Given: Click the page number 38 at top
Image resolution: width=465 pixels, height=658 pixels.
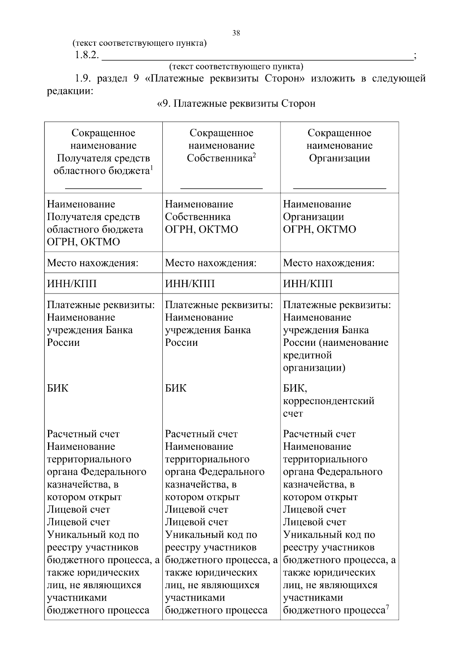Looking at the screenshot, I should (x=236, y=33).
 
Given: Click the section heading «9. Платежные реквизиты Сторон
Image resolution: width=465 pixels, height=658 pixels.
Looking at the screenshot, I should (x=236, y=104).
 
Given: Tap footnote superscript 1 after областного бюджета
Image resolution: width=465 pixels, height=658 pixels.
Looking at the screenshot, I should (x=152, y=168).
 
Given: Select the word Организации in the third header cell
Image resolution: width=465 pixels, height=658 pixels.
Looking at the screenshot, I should (x=339, y=158).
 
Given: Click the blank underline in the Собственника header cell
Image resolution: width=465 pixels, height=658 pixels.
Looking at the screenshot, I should (x=221, y=188).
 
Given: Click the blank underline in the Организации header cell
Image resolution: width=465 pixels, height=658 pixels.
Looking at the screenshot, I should (x=339, y=188).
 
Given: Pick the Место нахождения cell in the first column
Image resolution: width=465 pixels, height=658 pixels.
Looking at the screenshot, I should (x=93, y=263).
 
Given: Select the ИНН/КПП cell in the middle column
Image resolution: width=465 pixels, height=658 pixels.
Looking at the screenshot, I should (x=190, y=283).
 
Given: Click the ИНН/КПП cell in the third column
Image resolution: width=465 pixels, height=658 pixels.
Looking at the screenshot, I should (x=308, y=283).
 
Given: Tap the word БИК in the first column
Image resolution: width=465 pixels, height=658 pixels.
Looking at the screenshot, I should (x=58, y=388).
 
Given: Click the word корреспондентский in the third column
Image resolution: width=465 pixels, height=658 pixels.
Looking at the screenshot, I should (x=329, y=401).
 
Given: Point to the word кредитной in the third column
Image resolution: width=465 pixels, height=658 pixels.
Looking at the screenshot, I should (x=307, y=355).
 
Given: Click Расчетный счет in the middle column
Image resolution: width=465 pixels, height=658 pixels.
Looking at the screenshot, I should (x=201, y=434).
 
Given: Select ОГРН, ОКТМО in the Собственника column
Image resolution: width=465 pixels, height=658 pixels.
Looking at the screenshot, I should (x=201, y=229).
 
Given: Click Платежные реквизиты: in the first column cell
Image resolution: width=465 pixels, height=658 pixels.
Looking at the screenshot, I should (x=101, y=305).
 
